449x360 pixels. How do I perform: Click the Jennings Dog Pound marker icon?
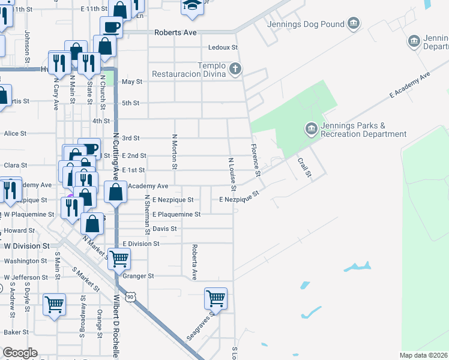point(354,24)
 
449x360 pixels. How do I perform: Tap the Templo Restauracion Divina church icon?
point(235,70)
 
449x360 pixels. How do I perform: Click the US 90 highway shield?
point(130,296)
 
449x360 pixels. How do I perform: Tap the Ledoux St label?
point(223,47)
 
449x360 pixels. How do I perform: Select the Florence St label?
point(256,160)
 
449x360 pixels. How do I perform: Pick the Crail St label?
point(305,167)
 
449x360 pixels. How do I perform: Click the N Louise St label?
point(231,171)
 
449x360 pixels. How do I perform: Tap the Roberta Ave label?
point(194,262)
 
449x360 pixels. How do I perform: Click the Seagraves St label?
point(200,327)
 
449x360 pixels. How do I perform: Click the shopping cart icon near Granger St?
point(119,258)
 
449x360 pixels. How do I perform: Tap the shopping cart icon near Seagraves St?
point(215,296)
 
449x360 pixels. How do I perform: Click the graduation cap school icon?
point(192,5)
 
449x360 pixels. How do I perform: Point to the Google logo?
point(20,353)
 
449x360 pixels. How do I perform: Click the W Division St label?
point(26,246)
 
